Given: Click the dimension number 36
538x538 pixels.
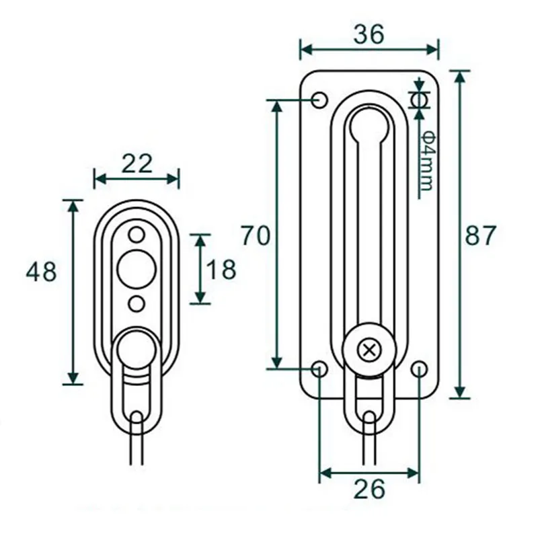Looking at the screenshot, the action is pos(369,35).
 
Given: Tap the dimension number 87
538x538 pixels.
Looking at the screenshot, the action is pos(480,235).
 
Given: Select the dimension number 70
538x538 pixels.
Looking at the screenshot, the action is pos(256,236).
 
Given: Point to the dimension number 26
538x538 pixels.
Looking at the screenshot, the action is pos(369,490).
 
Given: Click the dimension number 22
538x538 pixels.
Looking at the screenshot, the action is pos(137,163).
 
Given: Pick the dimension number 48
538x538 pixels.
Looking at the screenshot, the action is pos(41,272).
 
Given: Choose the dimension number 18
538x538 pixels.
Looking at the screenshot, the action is pos(221,269).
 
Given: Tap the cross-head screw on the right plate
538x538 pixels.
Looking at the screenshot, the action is pos(369,350).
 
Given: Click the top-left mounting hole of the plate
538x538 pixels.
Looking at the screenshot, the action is pos(320,100).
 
